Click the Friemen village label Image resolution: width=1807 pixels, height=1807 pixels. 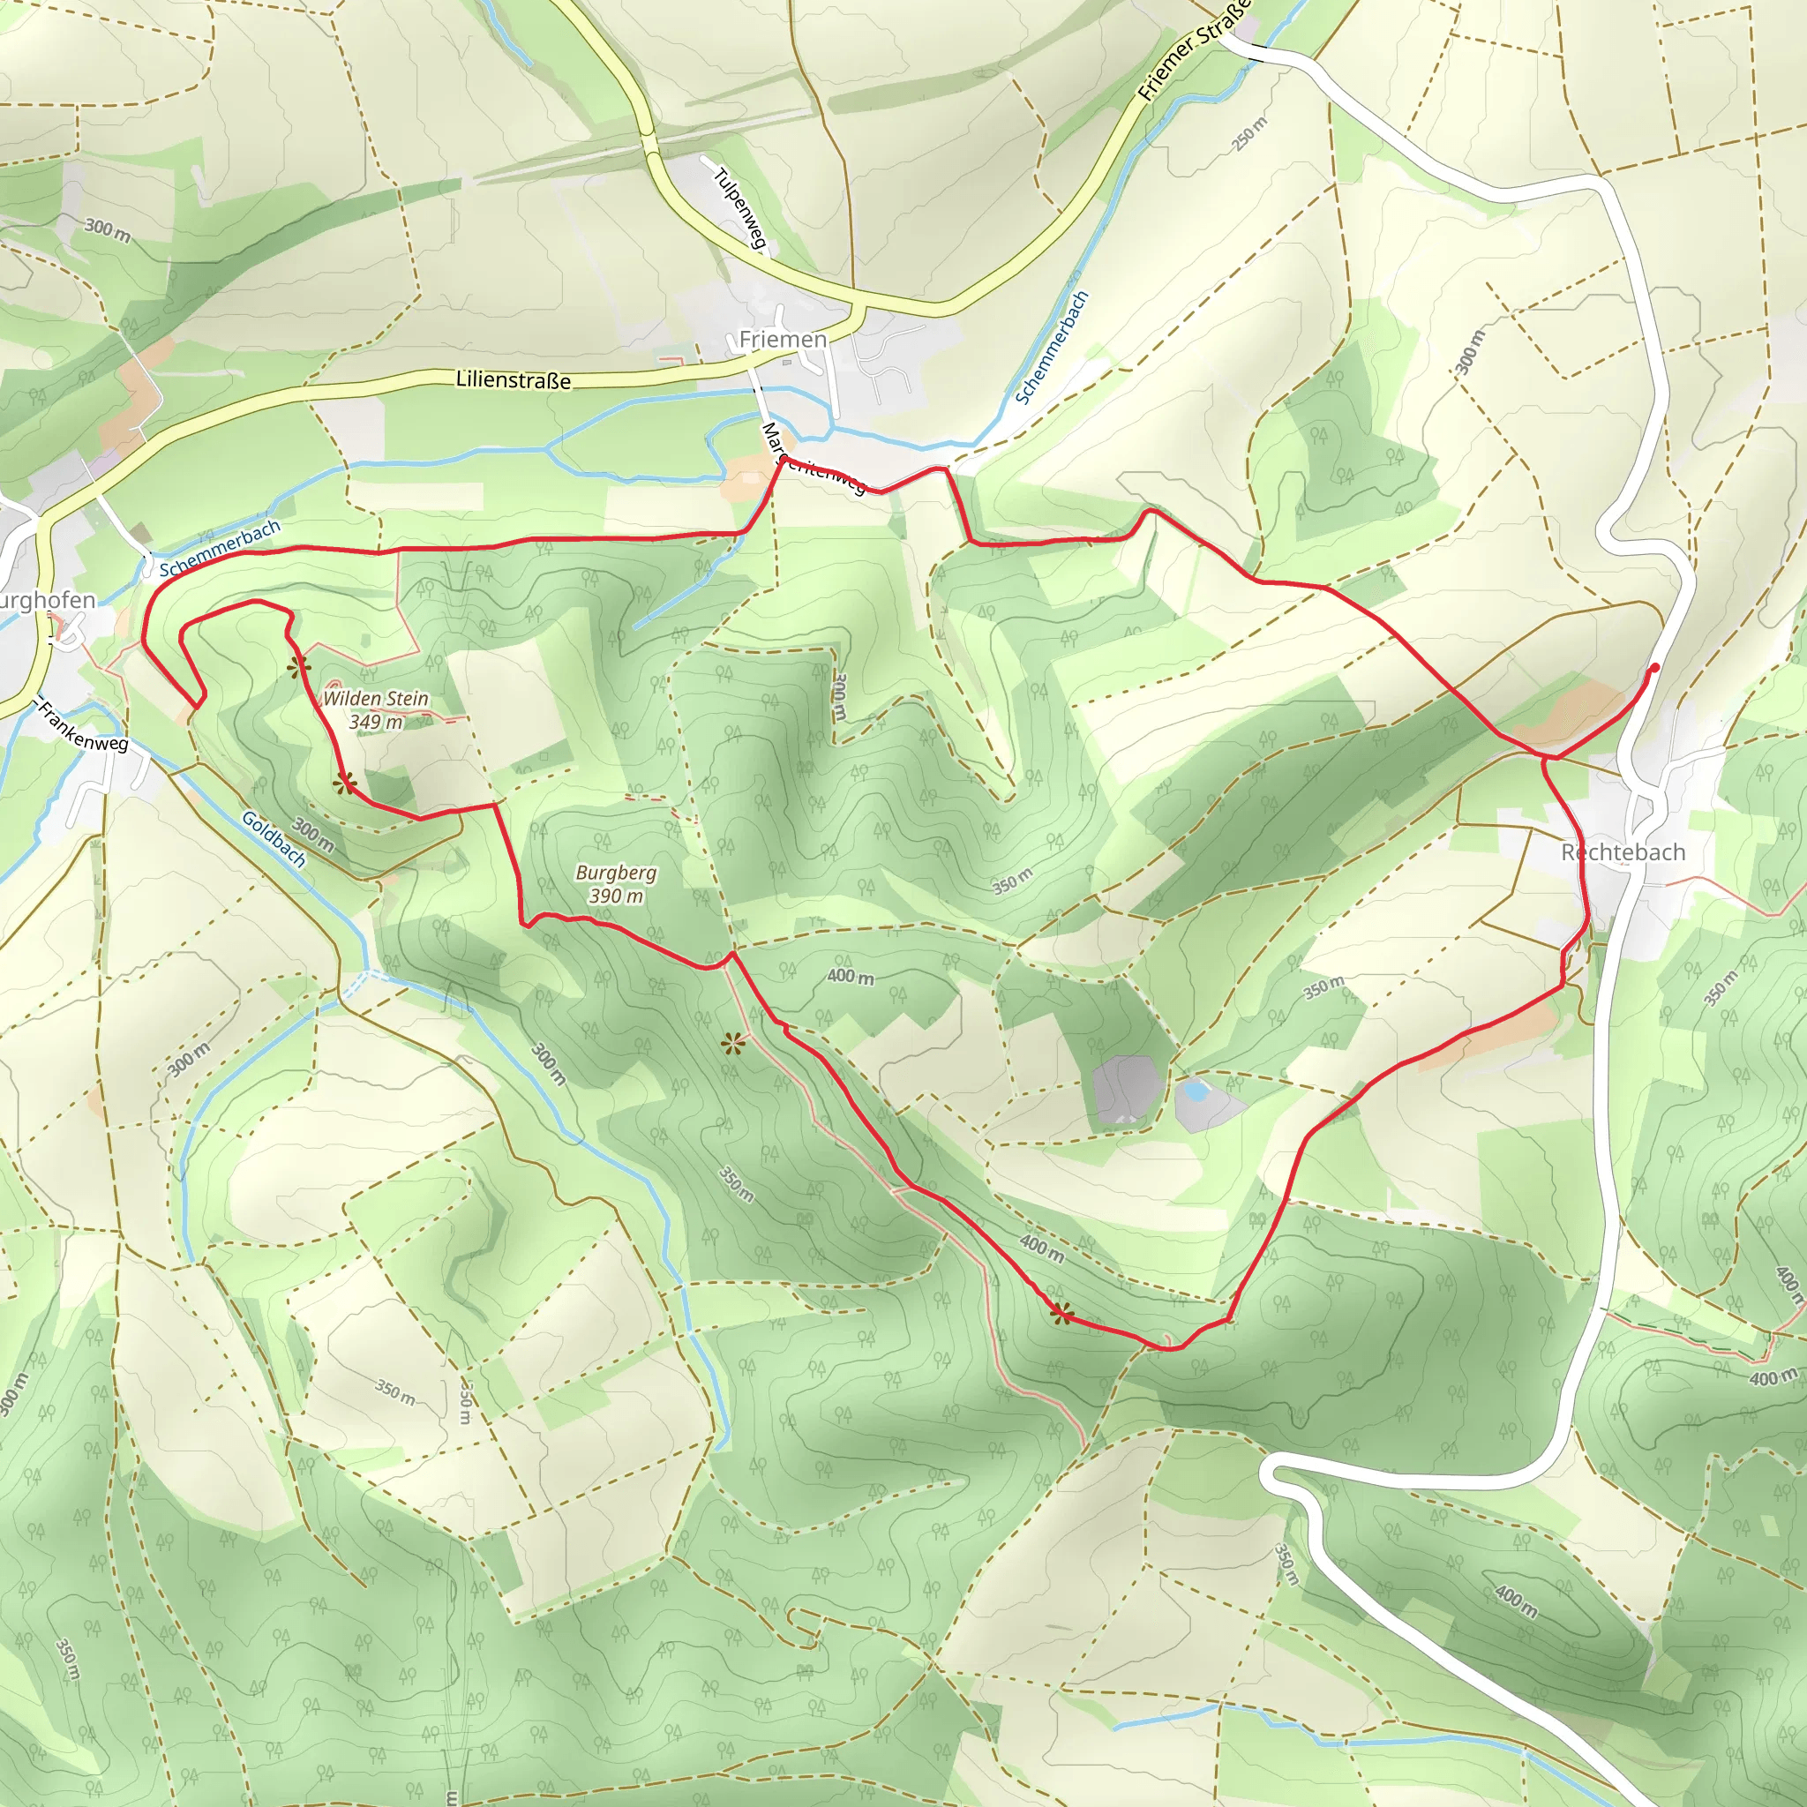coord(783,339)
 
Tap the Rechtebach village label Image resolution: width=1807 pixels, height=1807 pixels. coord(1623,852)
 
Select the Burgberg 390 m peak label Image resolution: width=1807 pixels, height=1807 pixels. coord(616,884)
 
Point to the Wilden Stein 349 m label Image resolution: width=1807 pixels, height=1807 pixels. coord(375,710)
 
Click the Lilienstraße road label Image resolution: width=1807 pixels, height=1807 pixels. coord(513,379)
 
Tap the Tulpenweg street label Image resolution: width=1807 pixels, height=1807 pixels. coord(739,208)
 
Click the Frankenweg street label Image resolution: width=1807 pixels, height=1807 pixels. coord(82,727)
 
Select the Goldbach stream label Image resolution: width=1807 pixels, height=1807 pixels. coord(274,839)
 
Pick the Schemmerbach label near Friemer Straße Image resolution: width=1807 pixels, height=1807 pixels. coord(1053,347)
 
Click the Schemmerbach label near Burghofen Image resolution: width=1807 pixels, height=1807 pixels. coord(220,549)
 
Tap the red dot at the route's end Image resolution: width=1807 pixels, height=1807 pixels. coord(1654,668)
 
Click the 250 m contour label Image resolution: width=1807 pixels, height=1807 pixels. coord(1249,134)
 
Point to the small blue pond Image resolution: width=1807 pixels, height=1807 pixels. coord(1194,1091)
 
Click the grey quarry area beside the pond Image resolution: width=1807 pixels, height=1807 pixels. coord(1126,1091)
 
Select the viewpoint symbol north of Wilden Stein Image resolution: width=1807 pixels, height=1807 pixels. coord(297,667)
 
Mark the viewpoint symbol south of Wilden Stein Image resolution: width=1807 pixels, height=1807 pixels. coord(345,783)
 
